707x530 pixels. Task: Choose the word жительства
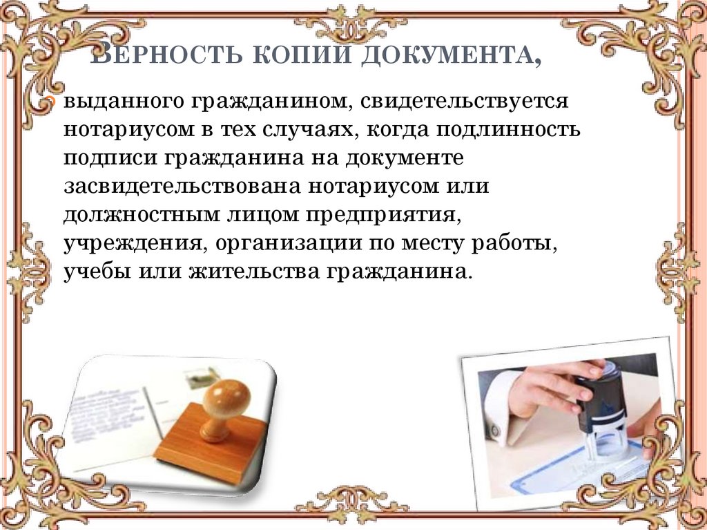pyautogui.click(x=249, y=271)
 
